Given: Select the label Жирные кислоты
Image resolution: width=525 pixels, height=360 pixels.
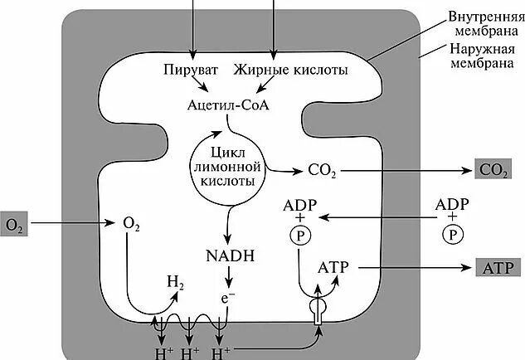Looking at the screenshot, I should [x=279, y=71].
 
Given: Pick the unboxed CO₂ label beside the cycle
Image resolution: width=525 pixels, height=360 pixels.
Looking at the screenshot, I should [x=320, y=171].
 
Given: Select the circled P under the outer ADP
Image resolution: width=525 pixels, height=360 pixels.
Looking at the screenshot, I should [x=452, y=235].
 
